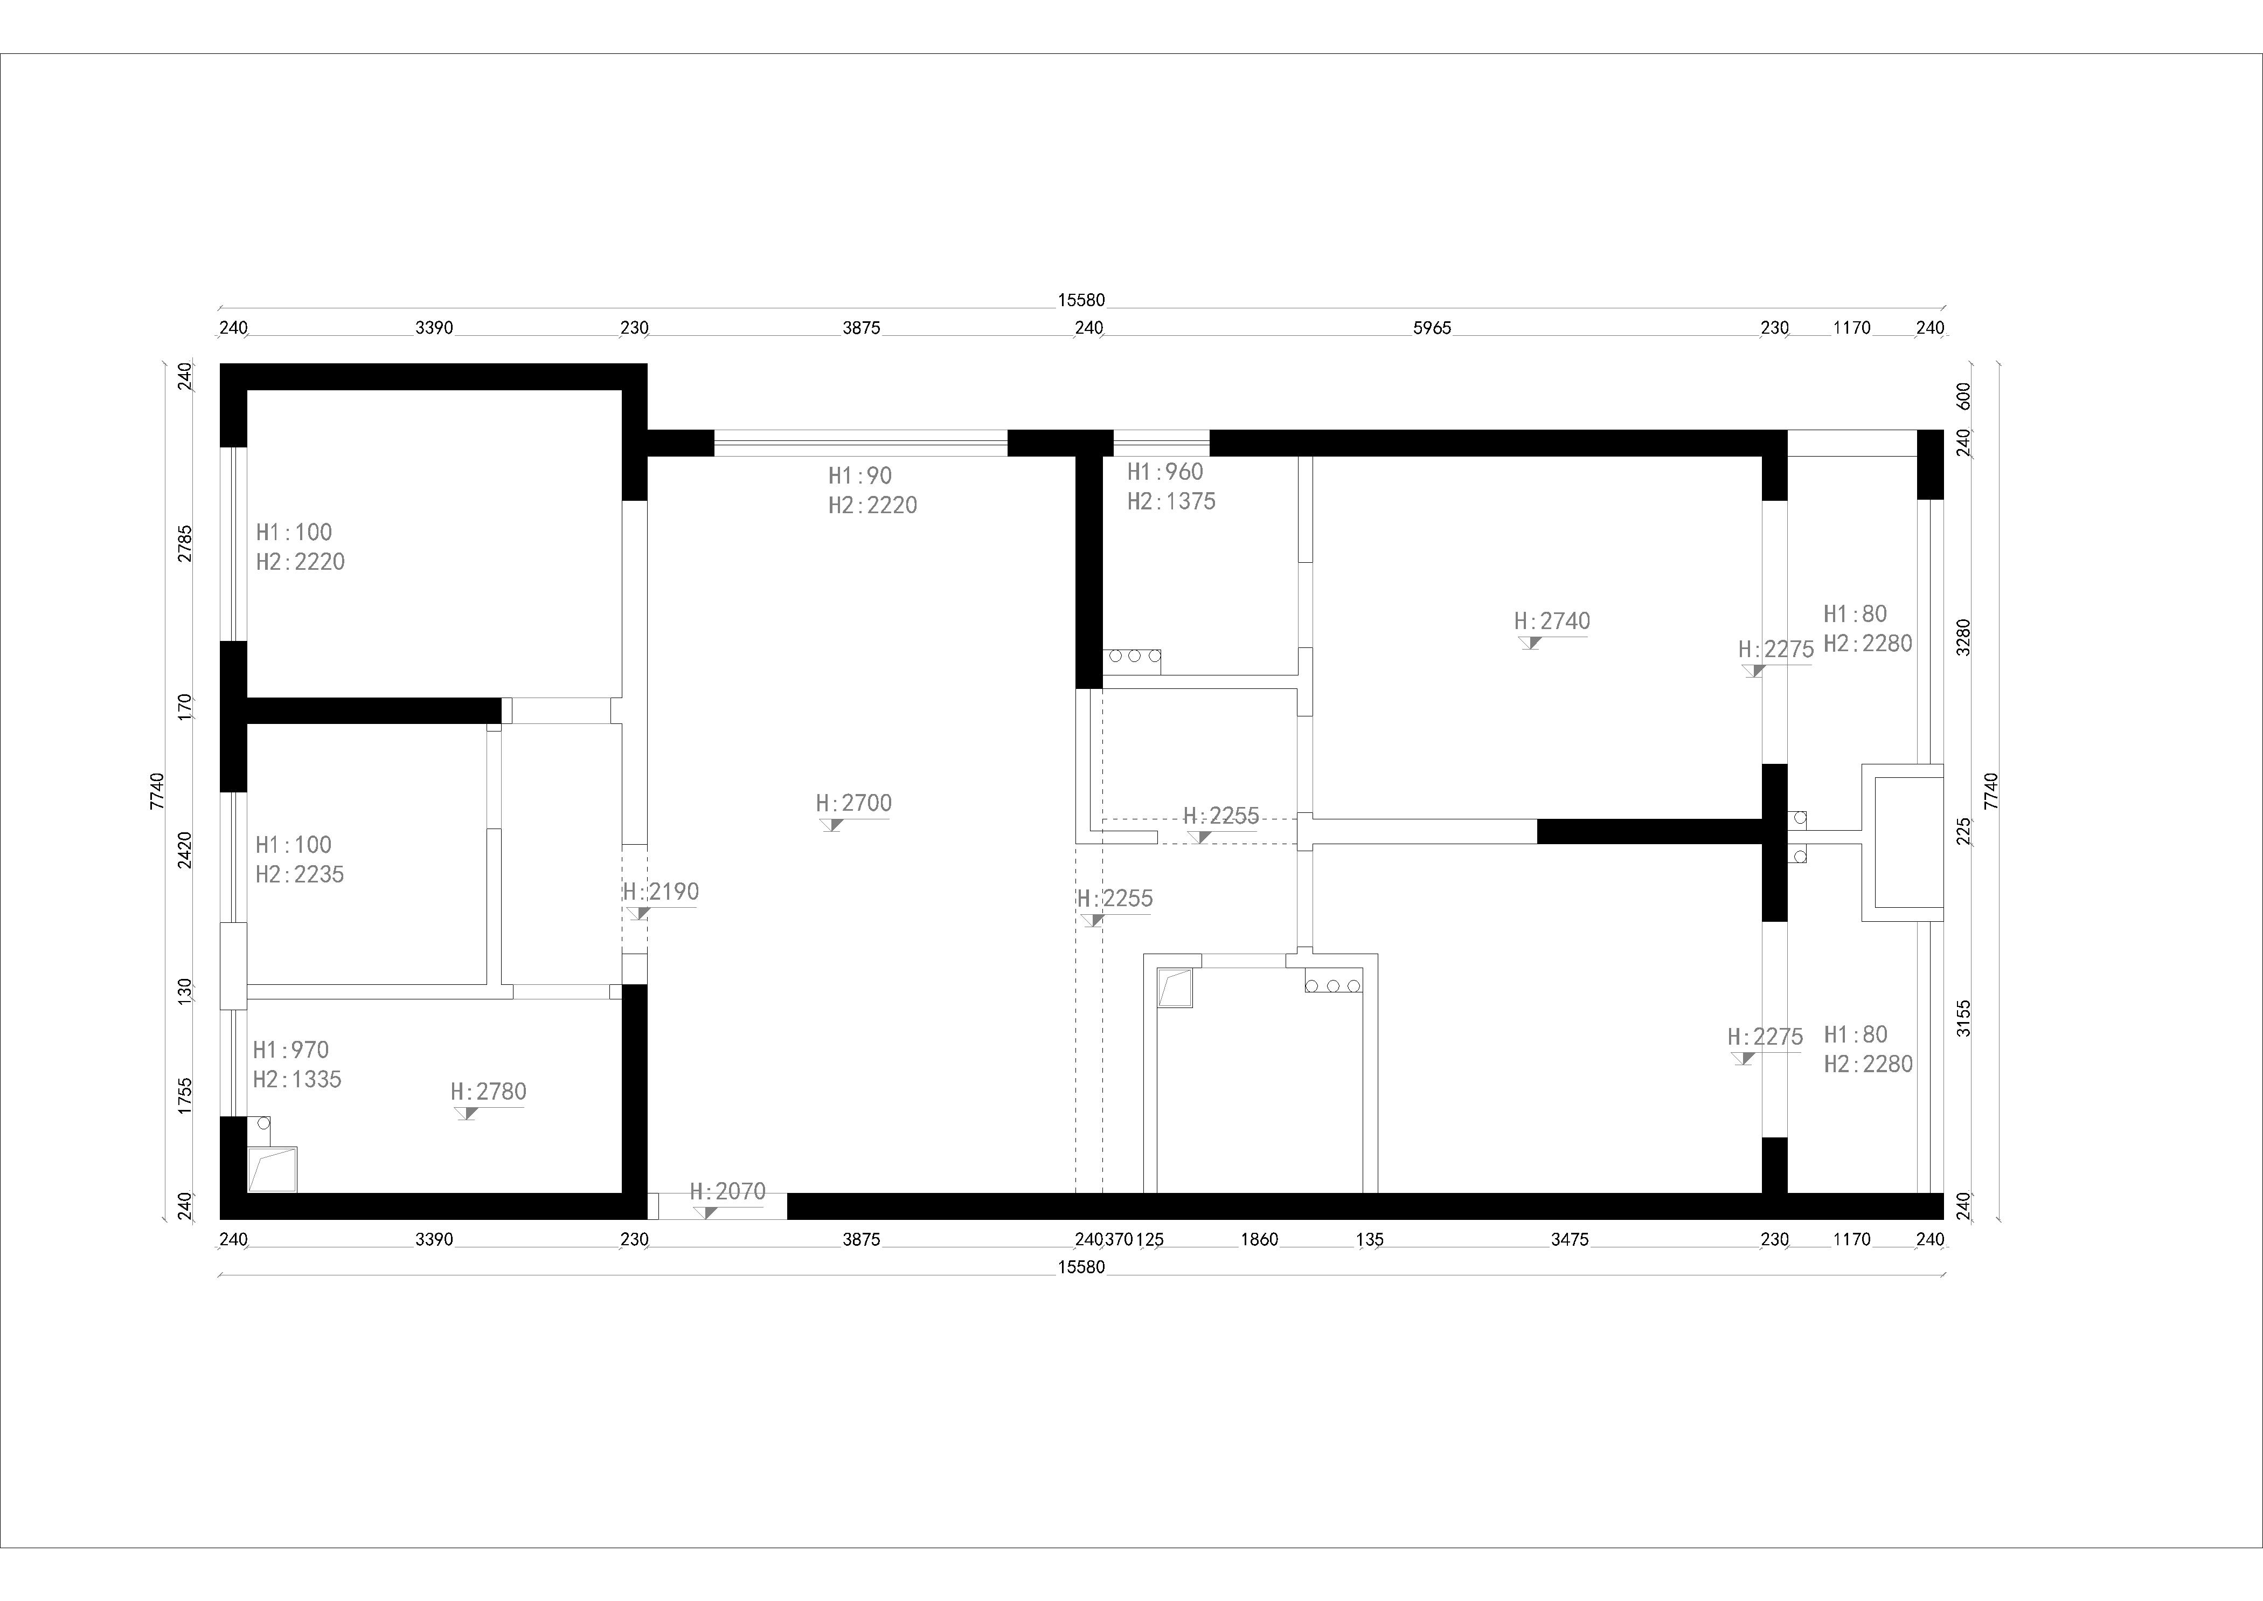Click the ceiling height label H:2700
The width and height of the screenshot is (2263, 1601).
pos(853,803)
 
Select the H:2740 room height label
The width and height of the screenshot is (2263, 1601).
pos(1552,621)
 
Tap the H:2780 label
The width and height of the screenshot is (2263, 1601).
pos(489,1092)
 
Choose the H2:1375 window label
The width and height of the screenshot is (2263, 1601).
pos(1172,502)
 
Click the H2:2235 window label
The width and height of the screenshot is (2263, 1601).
pos(300,874)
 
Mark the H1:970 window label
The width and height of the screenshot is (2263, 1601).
pos(291,1050)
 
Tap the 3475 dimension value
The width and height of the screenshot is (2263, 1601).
pos(1570,1239)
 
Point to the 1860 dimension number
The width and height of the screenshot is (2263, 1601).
pos(1260,1239)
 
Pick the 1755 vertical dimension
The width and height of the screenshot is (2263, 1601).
pos(184,1096)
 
